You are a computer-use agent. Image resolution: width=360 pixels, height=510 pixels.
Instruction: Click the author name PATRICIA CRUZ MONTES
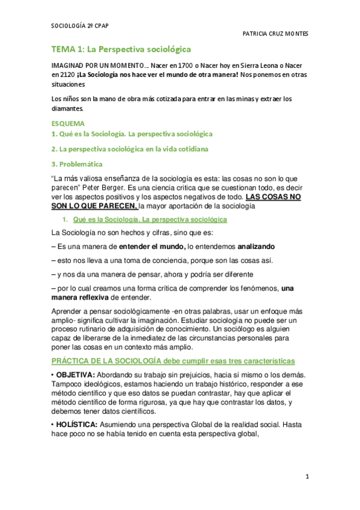275,34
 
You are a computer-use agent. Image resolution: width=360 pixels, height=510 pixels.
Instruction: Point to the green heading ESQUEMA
68,123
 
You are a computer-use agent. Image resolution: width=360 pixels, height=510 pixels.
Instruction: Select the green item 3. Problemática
78,164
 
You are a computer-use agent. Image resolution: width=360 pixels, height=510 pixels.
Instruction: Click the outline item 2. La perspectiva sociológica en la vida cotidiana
129,149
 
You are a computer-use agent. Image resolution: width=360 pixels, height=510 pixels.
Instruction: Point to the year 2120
60,75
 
